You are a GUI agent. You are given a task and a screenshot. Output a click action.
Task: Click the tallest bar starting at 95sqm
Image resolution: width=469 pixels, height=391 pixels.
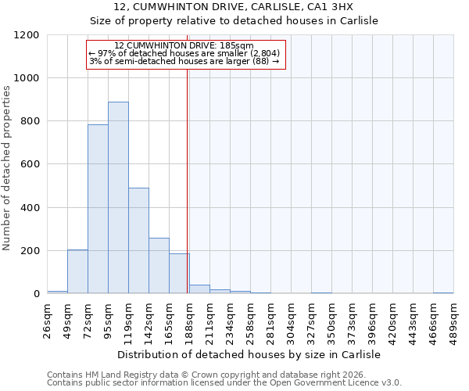coord(118,198)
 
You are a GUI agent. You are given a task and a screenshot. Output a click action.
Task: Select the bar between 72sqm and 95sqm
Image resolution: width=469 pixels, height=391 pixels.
coord(98,209)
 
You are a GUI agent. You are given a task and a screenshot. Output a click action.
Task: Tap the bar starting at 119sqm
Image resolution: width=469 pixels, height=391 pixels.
coord(138,241)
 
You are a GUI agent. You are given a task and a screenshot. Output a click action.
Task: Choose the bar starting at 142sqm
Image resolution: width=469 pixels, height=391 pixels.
coord(159,266)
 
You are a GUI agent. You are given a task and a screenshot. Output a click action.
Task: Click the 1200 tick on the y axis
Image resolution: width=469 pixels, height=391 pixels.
coord(27,35)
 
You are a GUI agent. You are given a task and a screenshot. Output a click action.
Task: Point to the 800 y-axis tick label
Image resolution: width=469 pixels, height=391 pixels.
coord(30,121)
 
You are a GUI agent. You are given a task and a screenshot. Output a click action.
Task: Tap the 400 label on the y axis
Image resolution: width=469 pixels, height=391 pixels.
coord(30,208)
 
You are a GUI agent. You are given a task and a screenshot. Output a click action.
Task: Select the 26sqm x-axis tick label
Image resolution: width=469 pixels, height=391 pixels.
coord(47,320)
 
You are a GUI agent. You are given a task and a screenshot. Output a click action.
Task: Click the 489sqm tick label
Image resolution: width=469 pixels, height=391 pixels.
coord(453,320)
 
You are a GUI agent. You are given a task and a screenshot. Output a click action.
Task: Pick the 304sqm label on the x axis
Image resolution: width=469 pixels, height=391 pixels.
coord(291,320)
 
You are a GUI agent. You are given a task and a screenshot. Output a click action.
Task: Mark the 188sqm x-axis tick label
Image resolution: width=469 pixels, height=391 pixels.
coord(189,320)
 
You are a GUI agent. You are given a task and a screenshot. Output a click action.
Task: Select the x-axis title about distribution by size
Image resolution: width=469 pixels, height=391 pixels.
coord(250,354)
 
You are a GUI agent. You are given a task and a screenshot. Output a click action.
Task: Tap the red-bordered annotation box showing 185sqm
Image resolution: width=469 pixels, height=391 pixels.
coord(186,54)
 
